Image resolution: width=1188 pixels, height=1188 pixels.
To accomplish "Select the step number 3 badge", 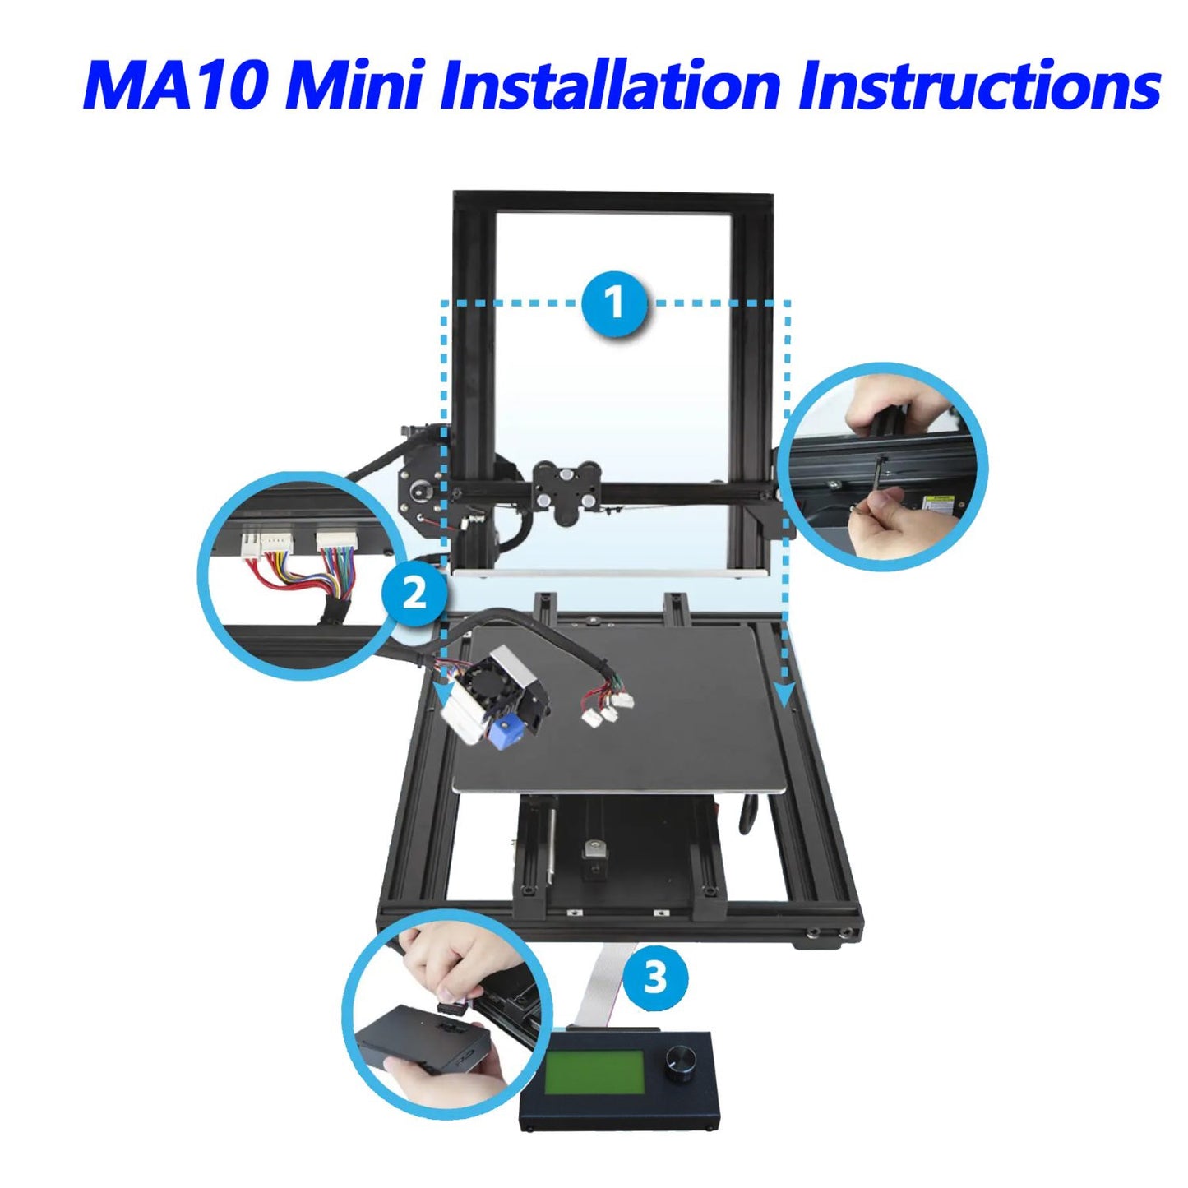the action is coord(656,978).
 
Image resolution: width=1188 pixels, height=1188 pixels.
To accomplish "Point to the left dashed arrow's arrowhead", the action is coord(442,696).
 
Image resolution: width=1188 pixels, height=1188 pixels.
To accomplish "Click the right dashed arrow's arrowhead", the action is coord(784,694).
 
